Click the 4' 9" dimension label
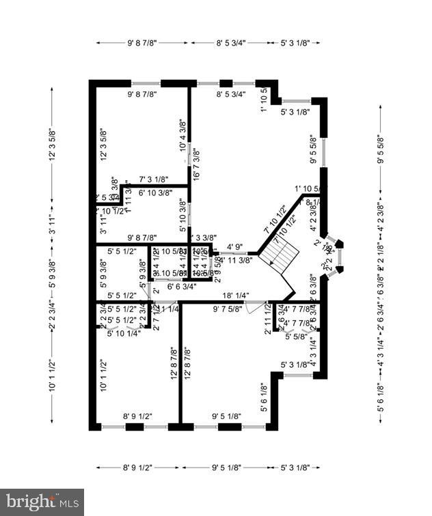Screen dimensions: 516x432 234,247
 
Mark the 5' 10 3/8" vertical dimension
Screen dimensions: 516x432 183,213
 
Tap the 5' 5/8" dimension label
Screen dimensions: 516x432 295,336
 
